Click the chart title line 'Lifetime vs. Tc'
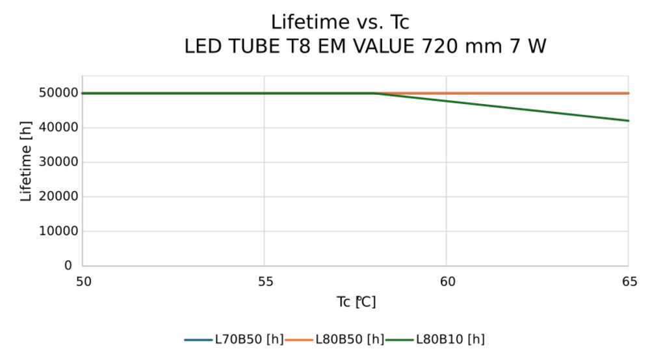pos(340,23)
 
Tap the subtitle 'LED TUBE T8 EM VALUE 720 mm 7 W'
pos(365,47)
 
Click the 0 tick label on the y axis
pos(68,265)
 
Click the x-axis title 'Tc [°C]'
pos(356,302)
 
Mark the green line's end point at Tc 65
pos(628,121)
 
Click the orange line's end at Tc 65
pos(628,93)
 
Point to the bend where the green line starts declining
pos(374,93)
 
